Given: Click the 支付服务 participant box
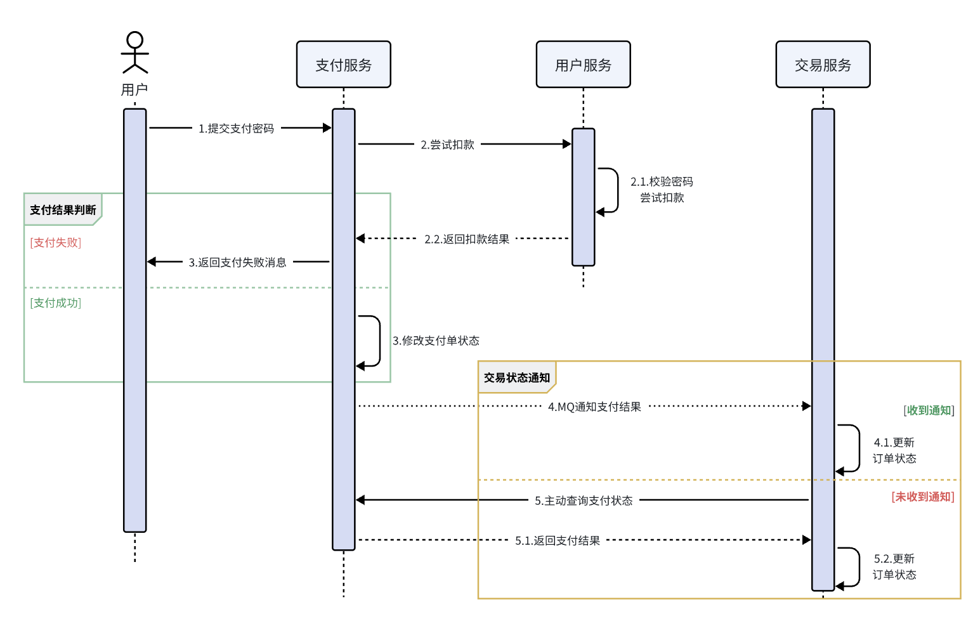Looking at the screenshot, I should coord(343,65).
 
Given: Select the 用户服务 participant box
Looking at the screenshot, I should coord(583,65).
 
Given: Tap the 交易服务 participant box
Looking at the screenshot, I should coord(823,65).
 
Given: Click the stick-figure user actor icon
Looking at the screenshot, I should coord(134,53).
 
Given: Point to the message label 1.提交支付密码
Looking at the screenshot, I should coord(236,129).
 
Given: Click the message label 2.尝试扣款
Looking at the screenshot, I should coord(447,145).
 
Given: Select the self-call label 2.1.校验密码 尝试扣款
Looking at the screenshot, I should coord(662,190).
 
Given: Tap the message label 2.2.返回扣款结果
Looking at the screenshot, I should coord(467,239).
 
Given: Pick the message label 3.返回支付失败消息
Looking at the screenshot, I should coord(237,263).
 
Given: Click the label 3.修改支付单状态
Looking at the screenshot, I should coord(436,341).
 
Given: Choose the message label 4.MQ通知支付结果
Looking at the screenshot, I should coord(594,407).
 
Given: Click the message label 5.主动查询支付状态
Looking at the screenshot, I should coord(583,501).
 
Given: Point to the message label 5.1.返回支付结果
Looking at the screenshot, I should coord(557,541).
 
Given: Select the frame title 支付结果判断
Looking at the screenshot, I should coord(63,210).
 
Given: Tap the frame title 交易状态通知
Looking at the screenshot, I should coord(516,378).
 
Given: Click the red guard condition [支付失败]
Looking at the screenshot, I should coord(56,242).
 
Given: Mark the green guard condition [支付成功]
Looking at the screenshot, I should coord(56,303).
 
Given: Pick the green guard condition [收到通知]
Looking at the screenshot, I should coord(929,410).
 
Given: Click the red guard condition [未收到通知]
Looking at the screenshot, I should coord(922,497).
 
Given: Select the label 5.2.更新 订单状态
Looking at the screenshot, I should coord(894,566).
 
